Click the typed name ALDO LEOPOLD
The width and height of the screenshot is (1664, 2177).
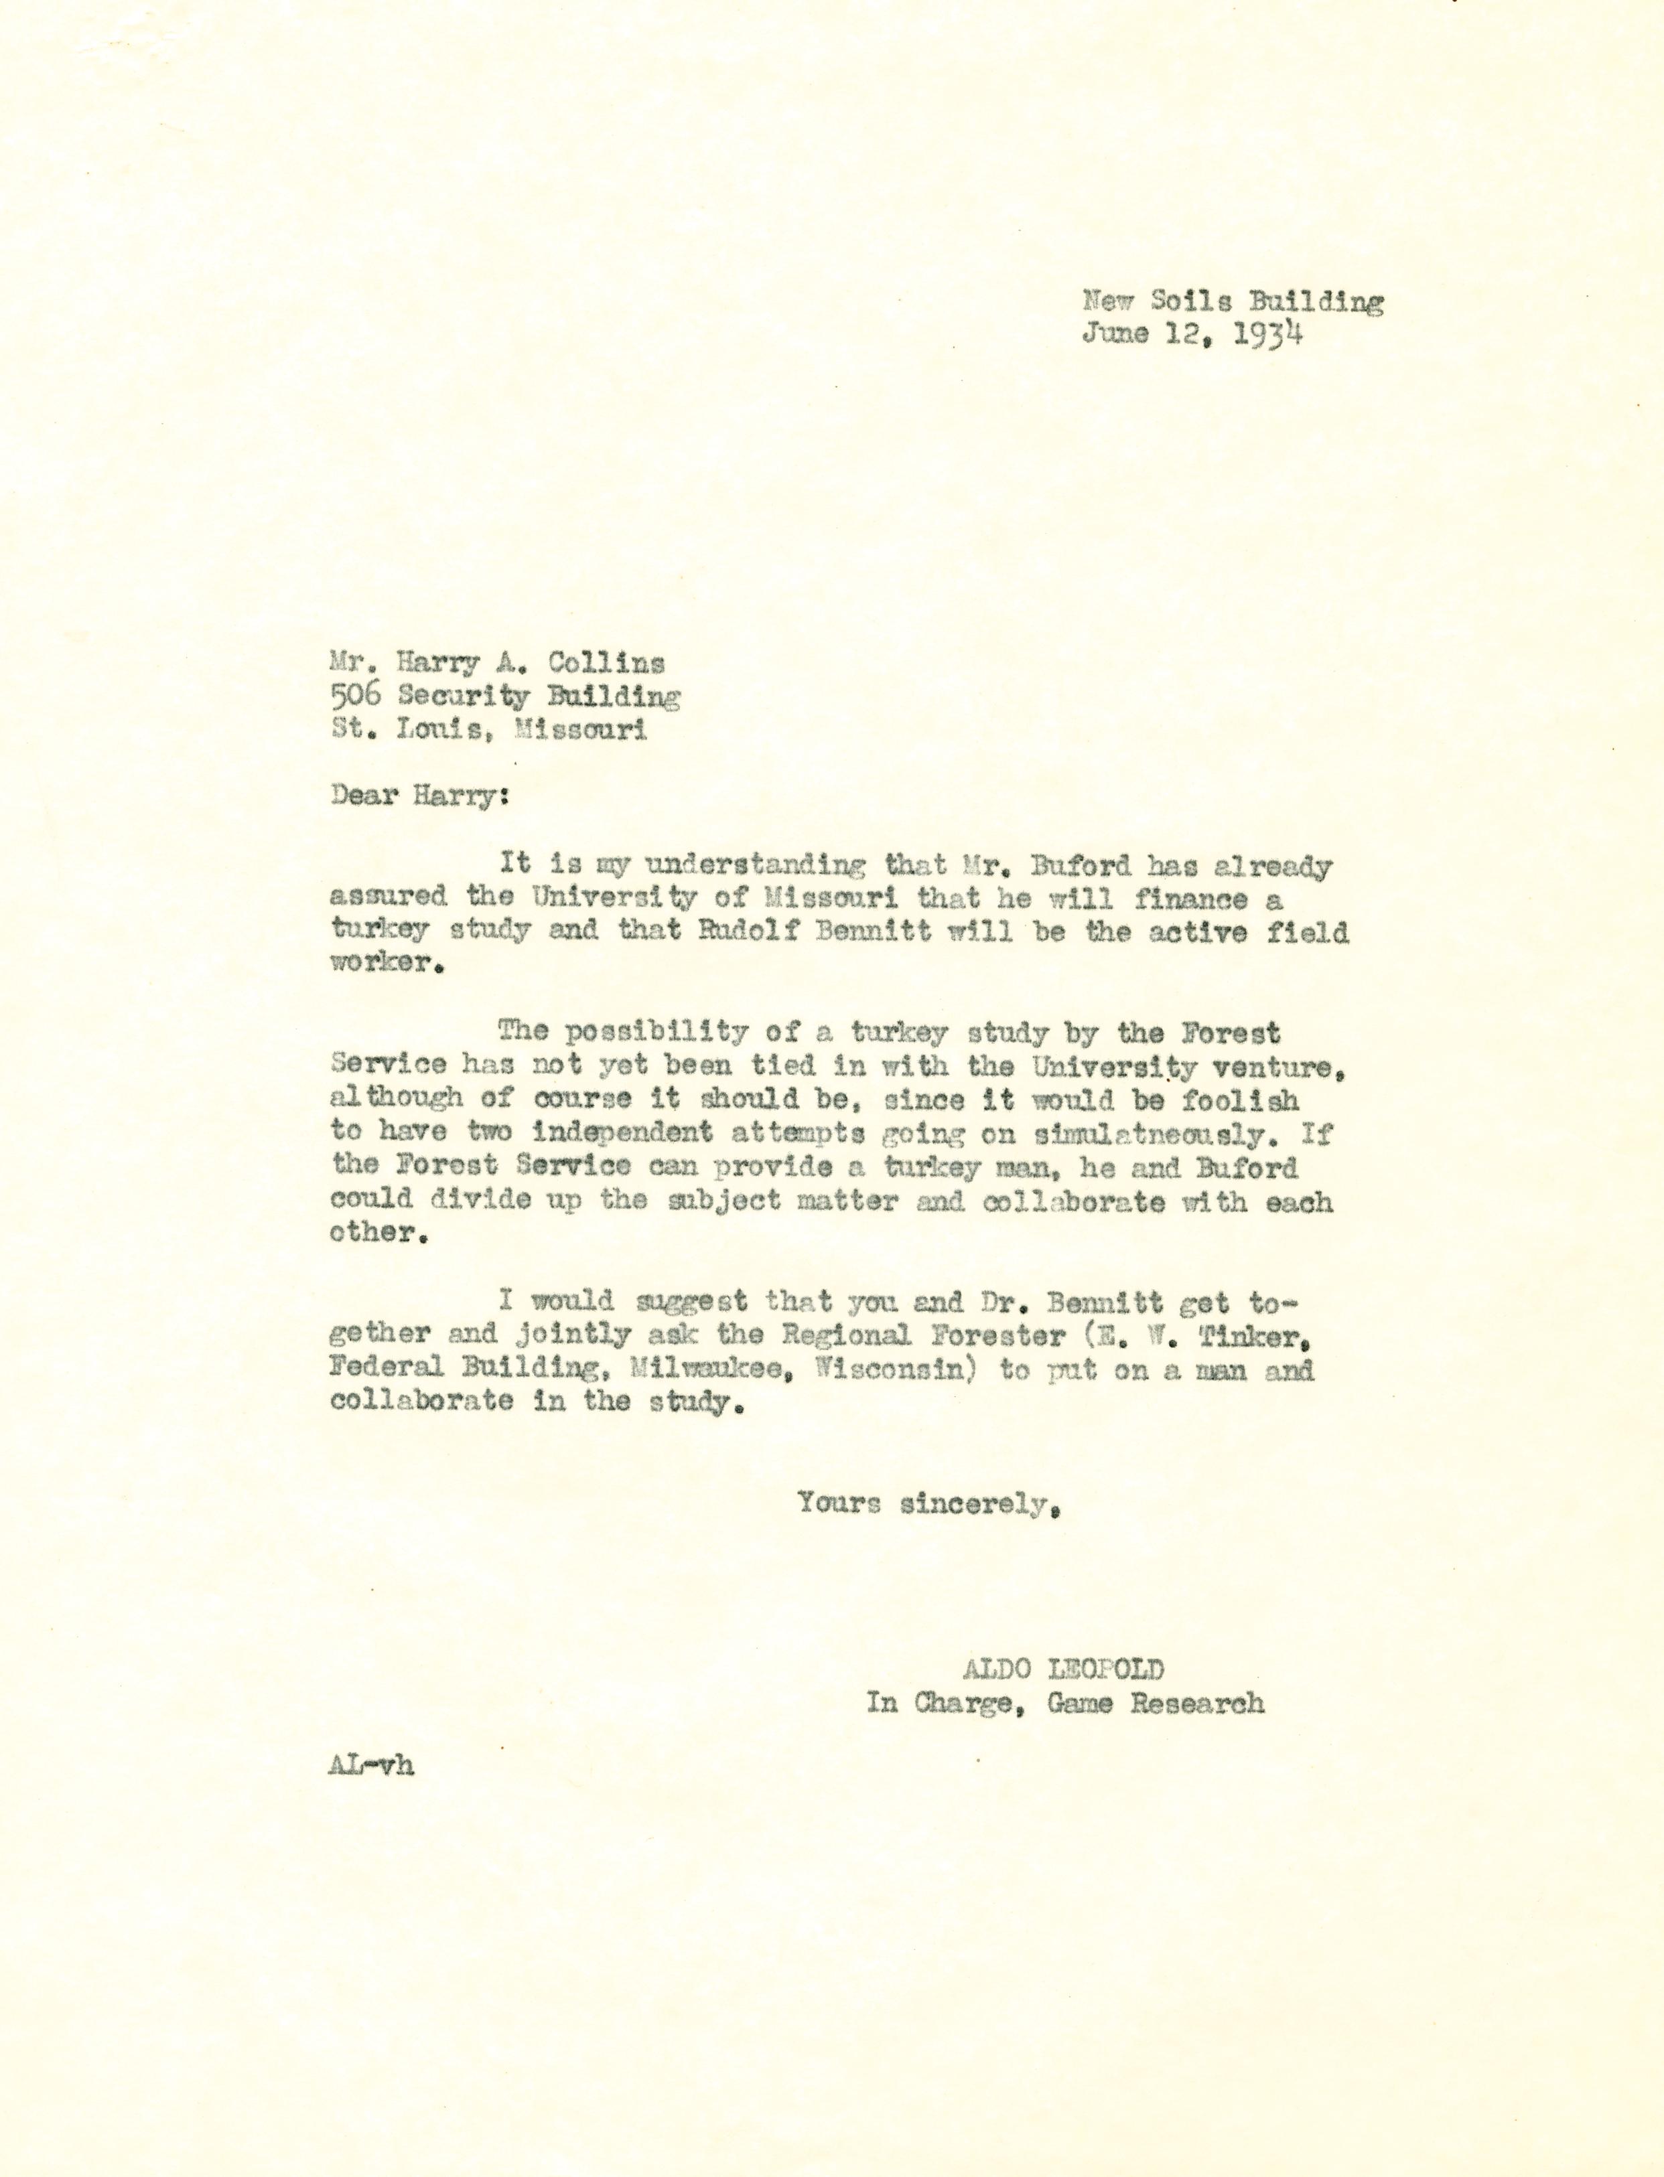pyautogui.click(x=1064, y=1670)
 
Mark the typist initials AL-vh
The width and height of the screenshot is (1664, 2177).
pyautogui.click(x=370, y=1766)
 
